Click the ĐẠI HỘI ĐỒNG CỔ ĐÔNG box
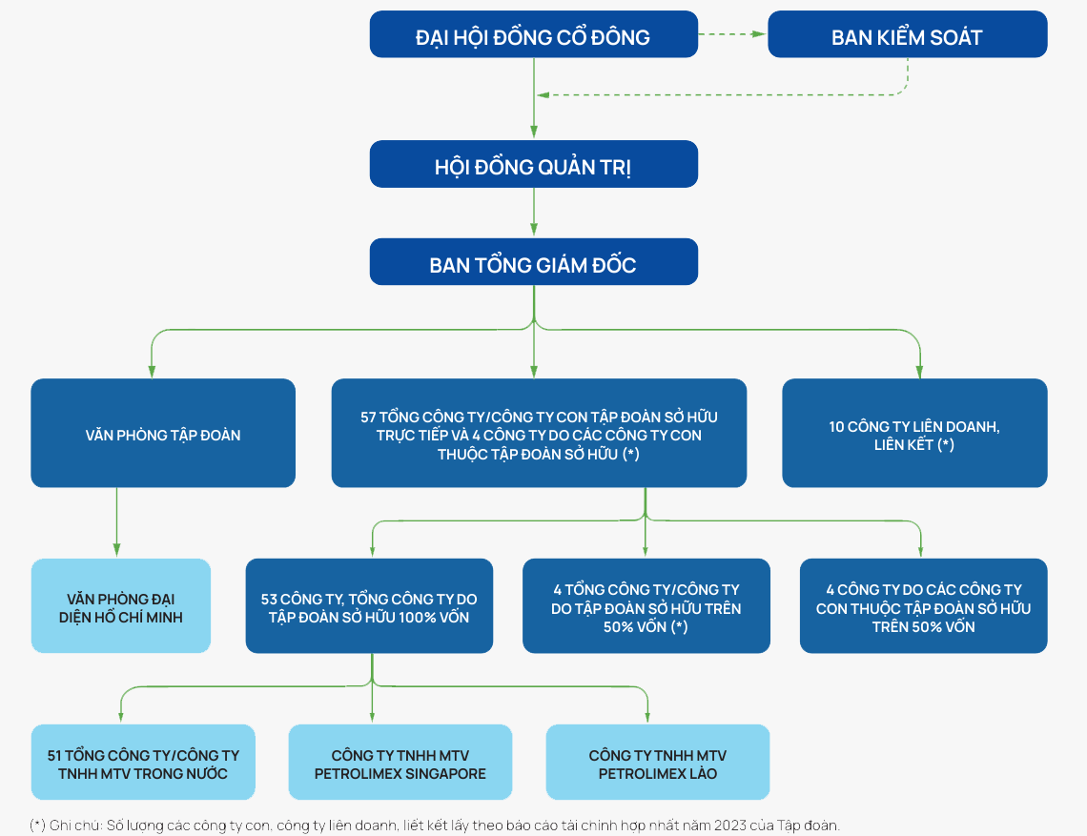534,34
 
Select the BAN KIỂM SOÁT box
908,34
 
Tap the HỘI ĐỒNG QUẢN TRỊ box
534,164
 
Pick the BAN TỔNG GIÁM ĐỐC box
534,262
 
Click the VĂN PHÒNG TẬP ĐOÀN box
163,433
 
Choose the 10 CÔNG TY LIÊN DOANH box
914,433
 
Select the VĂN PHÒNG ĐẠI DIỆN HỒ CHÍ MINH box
121,606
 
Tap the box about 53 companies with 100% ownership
369,606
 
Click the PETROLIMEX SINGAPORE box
400,763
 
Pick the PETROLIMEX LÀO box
658,763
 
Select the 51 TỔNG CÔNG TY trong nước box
143,763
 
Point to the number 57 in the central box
369,418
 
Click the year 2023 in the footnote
730,826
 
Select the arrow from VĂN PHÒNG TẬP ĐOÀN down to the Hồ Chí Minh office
116,522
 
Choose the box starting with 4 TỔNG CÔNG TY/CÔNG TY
646,606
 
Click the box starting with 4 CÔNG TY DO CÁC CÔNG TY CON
923,606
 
